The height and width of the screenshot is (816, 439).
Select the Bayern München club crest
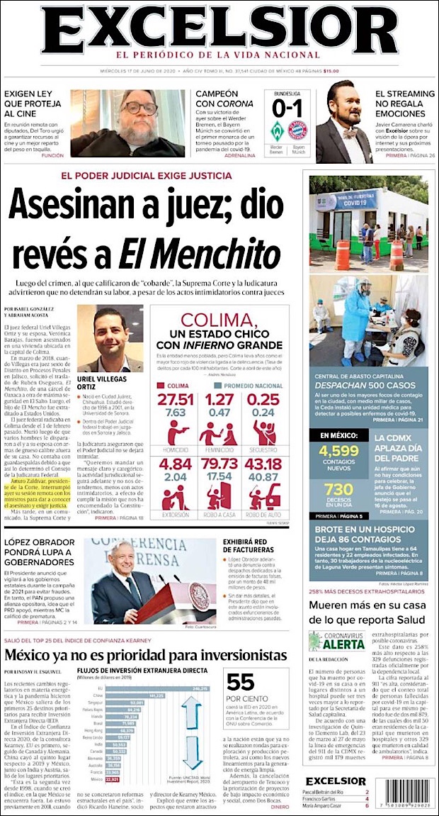[x=298, y=132]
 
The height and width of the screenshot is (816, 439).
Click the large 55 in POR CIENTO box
[x=240, y=682]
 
